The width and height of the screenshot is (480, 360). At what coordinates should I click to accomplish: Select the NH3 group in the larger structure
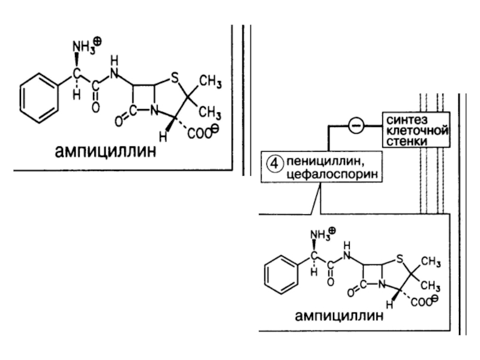(83, 46)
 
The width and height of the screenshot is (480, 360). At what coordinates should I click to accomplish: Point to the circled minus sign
(355, 125)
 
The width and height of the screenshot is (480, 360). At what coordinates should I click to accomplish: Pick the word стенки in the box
(407, 141)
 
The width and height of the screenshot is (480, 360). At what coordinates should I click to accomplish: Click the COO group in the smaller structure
(422, 302)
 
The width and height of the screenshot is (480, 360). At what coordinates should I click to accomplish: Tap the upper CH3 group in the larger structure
(211, 82)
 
